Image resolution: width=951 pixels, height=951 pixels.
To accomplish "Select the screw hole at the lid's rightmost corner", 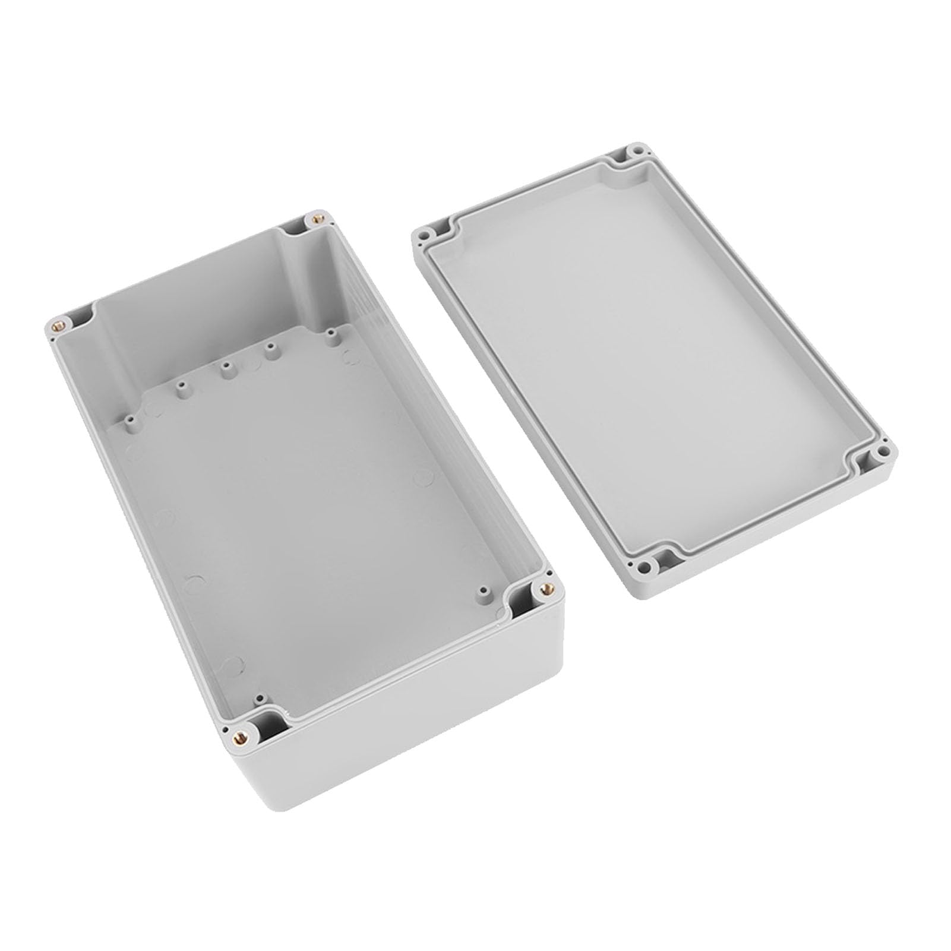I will click(884, 453).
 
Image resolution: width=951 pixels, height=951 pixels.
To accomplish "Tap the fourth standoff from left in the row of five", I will click(273, 349).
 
